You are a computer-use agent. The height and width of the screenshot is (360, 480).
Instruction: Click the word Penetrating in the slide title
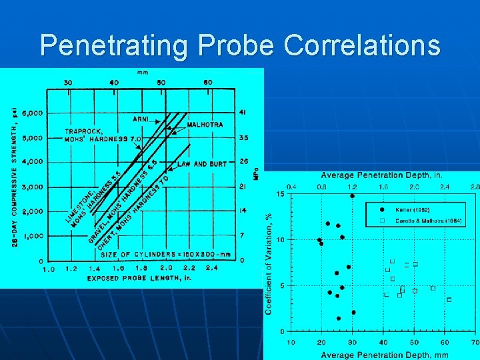coord(109,45)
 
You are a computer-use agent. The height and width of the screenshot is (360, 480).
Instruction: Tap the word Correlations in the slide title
coord(362,45)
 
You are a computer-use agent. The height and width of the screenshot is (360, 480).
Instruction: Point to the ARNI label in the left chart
coord(141,119)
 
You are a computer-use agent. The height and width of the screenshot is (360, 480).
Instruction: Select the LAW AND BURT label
coord(202,163)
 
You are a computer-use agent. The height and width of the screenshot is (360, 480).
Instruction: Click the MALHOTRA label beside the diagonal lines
coord(205,125)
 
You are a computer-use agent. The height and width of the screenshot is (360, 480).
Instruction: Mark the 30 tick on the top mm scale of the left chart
coord(68,83)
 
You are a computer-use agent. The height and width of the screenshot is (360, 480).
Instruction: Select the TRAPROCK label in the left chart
coord(81,131)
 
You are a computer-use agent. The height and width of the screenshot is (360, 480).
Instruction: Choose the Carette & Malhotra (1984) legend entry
coord(428,220)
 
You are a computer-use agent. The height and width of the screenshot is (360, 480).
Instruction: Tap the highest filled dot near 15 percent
coord(352,196)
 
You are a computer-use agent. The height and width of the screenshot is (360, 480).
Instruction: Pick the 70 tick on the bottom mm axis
coord(475,342)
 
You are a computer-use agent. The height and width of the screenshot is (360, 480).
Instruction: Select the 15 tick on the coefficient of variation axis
coord(281,194)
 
